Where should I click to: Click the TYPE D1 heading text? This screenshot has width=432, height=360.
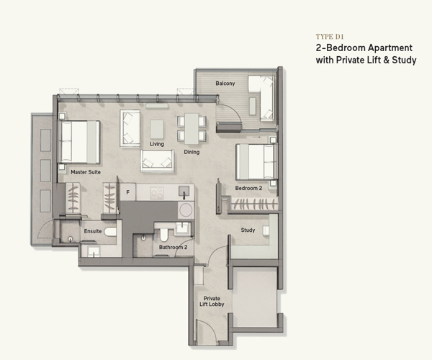point(330,37)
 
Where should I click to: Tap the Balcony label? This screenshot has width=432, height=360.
point(225,84)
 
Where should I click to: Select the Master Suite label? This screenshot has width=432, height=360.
point(86,172)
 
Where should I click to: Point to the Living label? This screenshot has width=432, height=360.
point(157,144)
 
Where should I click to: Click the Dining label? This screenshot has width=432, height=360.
point(192,152)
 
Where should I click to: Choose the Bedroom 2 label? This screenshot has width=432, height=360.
point(248,188)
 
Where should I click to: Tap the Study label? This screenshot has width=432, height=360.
point(248,230)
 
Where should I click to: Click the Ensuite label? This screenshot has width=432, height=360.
point(93,231)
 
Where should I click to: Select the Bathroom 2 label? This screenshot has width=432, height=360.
point(173,247)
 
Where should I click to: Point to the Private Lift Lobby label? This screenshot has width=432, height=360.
point(212,302)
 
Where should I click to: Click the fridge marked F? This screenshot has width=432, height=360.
point(127,192)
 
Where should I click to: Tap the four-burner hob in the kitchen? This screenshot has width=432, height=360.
point(157,193)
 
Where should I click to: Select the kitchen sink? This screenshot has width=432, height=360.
point(184,191)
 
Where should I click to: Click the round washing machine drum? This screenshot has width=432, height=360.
point(186,210)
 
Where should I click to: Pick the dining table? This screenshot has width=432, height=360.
point(192,129)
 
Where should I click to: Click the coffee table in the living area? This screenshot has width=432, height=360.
point(157,129)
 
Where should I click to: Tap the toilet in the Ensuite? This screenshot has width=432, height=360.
point(110,232)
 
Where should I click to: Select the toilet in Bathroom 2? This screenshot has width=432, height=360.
point(164,235)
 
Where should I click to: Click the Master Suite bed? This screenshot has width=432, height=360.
point(79,142)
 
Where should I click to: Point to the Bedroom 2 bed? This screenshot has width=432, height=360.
point(256,162)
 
